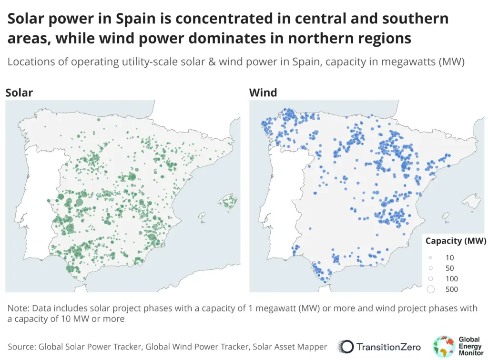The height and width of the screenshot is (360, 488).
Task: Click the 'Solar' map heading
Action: click(x=19, y=93)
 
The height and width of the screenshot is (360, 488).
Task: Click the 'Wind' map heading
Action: click(x=263, y=93)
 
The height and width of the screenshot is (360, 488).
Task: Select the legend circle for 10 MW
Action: click(x=431, y=257)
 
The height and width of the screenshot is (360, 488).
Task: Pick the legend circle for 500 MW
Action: click(x=431, y=289)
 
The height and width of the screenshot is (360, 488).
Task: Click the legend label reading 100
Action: click(x=451, y=278)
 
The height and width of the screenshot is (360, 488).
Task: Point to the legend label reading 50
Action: click(x=449, y=268)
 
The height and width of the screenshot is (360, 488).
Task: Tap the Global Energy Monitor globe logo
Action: click(x=444, y=346)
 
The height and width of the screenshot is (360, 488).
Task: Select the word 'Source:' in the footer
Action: click(x=21, y=346)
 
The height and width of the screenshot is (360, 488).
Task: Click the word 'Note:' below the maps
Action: click(x=19, y=308)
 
